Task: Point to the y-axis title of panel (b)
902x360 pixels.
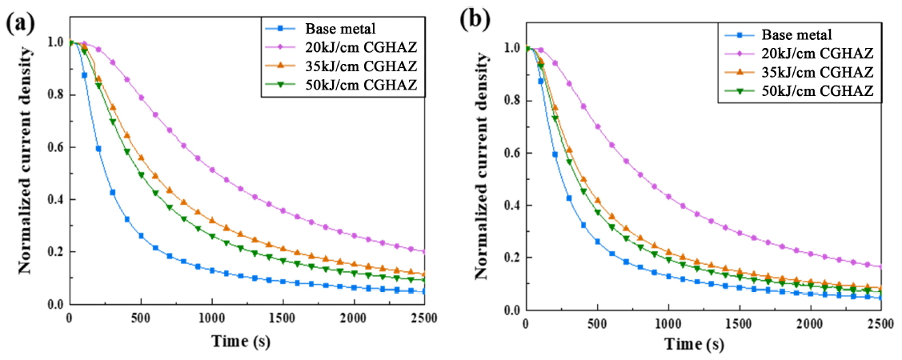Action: [481, 177]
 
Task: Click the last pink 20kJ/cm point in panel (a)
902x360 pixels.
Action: [423, 251]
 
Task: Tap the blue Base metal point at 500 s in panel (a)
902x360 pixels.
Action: [141, 236]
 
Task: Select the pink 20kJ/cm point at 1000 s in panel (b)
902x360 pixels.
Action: [667, 197]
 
